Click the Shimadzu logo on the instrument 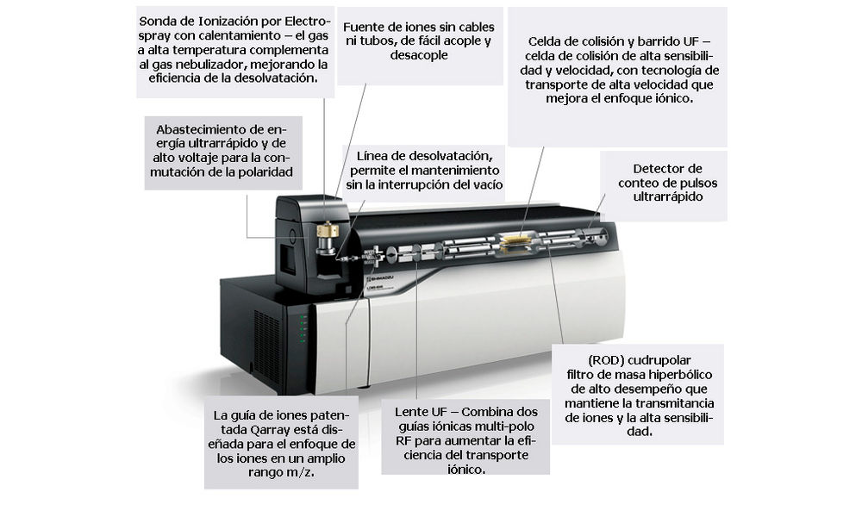pyautogui.click(x=376, y=279)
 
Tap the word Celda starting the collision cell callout pyautogui.click(x=546, y=41)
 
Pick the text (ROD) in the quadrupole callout pyautogui.click(x=606, y=360)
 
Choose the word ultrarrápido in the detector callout pyautogui.click(x=668, y=196)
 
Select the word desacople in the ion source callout pyautogui.click(x=419, y=55)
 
